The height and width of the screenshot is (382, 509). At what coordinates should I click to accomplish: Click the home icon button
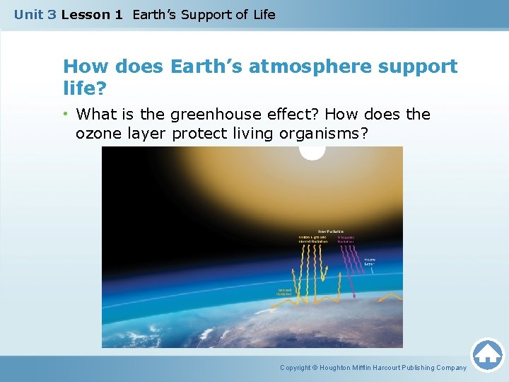click(x=487, y=354)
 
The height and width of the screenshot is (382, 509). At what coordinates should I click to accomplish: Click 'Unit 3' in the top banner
click(x=35, y=14)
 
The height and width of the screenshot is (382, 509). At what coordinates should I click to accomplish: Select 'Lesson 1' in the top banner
click(x=92, y=14)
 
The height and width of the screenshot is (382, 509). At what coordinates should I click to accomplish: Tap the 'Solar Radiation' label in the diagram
click(x=330, y=231)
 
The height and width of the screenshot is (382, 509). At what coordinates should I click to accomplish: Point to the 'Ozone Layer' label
click(x=371, y=263)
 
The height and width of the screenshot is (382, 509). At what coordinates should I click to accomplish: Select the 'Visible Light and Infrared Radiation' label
click(x=312, y=239)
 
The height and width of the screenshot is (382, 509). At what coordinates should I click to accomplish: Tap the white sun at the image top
click(x=312, y=152)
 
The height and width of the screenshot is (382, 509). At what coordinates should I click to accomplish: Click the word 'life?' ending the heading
click(x=81, y=88)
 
